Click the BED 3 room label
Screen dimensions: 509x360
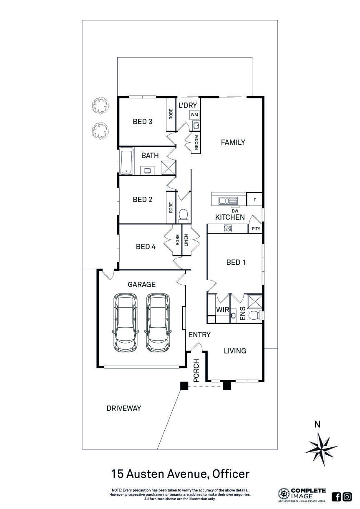(x=142, y=122)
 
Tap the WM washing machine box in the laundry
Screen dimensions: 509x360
(x=194, y=115)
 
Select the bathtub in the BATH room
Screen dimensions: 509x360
(x=126, y=160)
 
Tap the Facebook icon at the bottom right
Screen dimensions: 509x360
(x=336, y=496)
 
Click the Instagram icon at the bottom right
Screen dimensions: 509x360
(x=347, y=496)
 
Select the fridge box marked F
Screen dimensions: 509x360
(x=255, y=200)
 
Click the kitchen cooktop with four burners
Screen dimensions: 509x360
(x=228, y=228)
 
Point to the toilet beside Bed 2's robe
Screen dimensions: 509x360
(x=183, y=215)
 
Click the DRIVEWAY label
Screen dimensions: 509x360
(x=124, y=408)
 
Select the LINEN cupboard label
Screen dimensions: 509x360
(x=186, y=242)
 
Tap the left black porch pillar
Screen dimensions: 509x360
(x=183, y=386)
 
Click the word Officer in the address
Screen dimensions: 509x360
(x=231, y=474)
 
